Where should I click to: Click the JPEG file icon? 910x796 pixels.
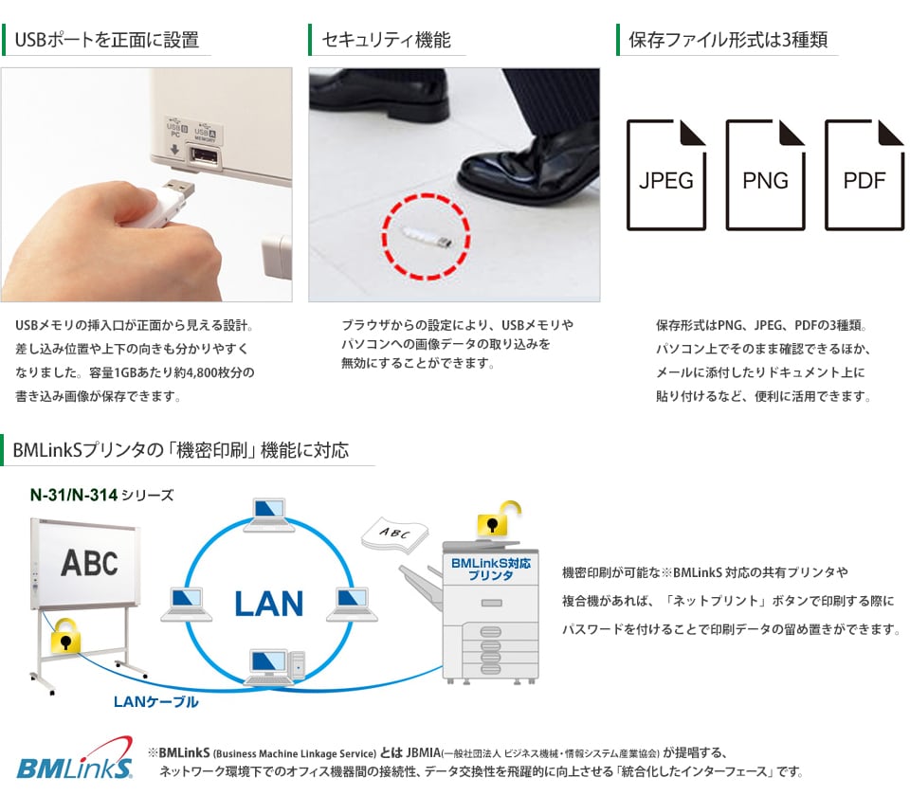(666, 174)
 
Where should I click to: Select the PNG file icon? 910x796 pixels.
(765, 174)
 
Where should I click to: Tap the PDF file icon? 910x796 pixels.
(864, 174)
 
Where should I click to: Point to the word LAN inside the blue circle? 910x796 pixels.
(268, 604)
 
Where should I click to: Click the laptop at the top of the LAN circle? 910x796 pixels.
(269, 515)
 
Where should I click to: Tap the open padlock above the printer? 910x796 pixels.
(498, 518)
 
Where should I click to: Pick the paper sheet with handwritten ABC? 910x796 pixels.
(394, 534)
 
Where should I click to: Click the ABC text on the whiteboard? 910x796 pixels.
(89, 563)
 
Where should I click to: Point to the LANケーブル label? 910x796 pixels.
(155, 702)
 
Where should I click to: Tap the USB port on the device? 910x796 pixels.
(203, 156)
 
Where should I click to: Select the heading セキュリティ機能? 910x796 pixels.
(386, 40)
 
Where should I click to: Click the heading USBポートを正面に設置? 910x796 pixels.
(107, 40)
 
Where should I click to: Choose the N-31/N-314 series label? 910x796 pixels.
(101, 495)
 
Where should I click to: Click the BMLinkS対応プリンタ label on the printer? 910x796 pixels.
(490, 570)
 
